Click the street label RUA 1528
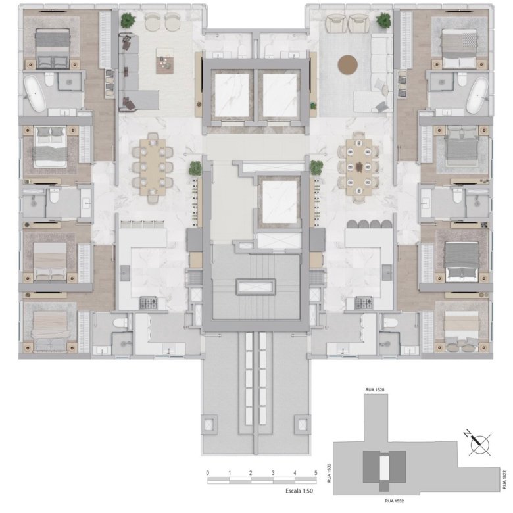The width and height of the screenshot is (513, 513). pyautogui.click(x=375, y=389)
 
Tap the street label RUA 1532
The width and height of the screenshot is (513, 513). pyautogui.click(x=394, y=501)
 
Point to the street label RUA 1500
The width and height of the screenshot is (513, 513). pyautogui.click(x=329, y=473)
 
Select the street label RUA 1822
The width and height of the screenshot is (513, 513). pyautogui.click(x=505, y=479)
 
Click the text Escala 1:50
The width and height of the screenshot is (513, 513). pyautogui.click(x=299, y=491)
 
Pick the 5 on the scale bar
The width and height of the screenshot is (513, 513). pyautogui.click(x=316, y=473)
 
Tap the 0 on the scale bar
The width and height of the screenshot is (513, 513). pyautogui.click(x=208, y=473)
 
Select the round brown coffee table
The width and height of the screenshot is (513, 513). pyautogui.click(x=347, y=64)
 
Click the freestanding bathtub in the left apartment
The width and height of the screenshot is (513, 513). pyautogui.click(x=35, y=93)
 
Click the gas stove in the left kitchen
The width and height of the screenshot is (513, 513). pyautogui.click(x=148, y=303)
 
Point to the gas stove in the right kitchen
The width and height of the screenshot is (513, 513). pyautogui.click(x=364, y=303)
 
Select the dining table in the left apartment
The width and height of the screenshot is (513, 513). pyautogui.click(x=153, y=167)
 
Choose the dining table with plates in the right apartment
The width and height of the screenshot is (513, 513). pyautogui.click(x=359, y=167)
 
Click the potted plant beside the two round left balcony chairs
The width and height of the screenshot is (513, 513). pyautogui.click(x=128, y=20)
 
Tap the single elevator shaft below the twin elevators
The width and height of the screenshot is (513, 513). pyautogui.click(x=279, y=201)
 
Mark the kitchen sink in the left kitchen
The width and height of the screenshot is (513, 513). pyautogui.click(x=125, y=273)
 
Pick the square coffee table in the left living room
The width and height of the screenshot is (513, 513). pyautogui.click(x=165, y=61)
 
